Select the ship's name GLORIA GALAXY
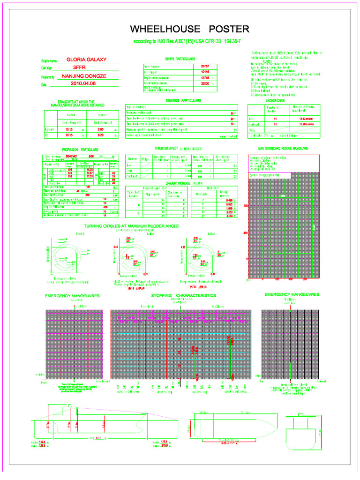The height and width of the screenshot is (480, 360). click(87, 60)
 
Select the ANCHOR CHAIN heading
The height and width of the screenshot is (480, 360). click(276, 100)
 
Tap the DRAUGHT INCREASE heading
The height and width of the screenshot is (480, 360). click(181, 183)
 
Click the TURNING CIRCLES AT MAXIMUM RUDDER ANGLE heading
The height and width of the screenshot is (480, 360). click(132, 226)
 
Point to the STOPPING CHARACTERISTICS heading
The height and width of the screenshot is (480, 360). click(183, 296)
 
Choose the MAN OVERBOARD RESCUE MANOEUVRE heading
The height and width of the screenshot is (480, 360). click(283, 148)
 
